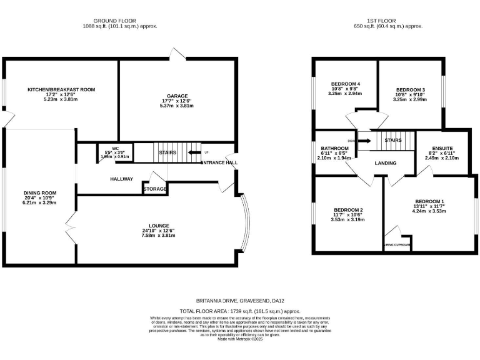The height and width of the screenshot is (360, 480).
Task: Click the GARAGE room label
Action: click(x=177, y=96)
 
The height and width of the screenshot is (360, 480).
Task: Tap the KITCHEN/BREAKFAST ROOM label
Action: click(x=61, y=90)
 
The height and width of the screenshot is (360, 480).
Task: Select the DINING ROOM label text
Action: click(x=40, y=193)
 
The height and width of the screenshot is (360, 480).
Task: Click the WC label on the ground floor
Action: click(x=115, y=148)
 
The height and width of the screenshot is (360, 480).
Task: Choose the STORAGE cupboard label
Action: click(x=155, y=188)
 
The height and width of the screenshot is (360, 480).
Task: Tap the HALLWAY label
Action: click(x=122, y=179)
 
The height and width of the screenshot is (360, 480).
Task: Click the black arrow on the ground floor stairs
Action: click(x=194, y=152)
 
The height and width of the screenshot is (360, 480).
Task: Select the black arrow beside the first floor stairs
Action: click(x=364, y=141)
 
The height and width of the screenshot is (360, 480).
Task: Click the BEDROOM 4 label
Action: click(x=346, y=84)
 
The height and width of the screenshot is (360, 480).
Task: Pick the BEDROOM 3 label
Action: click(x=411, y=89)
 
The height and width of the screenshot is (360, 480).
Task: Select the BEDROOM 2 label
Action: click(x=348, y=209)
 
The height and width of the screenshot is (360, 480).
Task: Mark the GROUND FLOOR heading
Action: click(x=119, y=21)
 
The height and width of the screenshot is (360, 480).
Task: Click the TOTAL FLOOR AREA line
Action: click(x=241, y=311)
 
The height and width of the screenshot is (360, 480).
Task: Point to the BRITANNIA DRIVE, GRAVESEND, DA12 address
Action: click(x=240, y=300)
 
